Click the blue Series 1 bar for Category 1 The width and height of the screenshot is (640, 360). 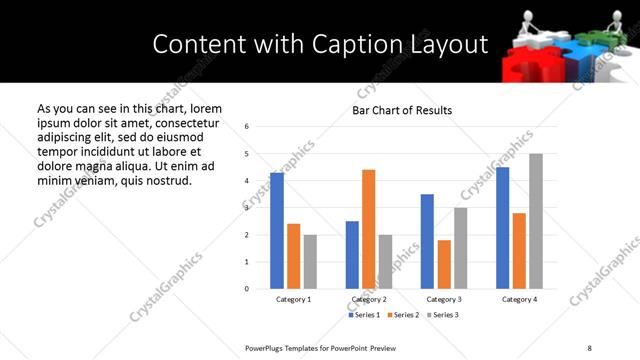coord(277,231)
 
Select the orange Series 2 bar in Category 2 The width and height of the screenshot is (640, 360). coord(368,229)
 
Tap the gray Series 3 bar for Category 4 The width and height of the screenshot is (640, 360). coord(536,221)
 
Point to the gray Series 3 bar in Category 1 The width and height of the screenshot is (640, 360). coord(310,262)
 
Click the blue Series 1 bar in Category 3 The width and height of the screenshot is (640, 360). coord(427,241)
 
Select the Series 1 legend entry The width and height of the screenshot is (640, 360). coord(364,315)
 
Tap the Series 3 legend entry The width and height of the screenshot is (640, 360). coord(443,315)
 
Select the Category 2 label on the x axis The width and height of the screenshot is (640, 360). coord(369,299)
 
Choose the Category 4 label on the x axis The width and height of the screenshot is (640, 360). coord(519,299)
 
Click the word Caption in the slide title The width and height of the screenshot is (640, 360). coord(326,43)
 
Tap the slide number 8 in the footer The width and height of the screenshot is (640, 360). coord(589,347)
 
